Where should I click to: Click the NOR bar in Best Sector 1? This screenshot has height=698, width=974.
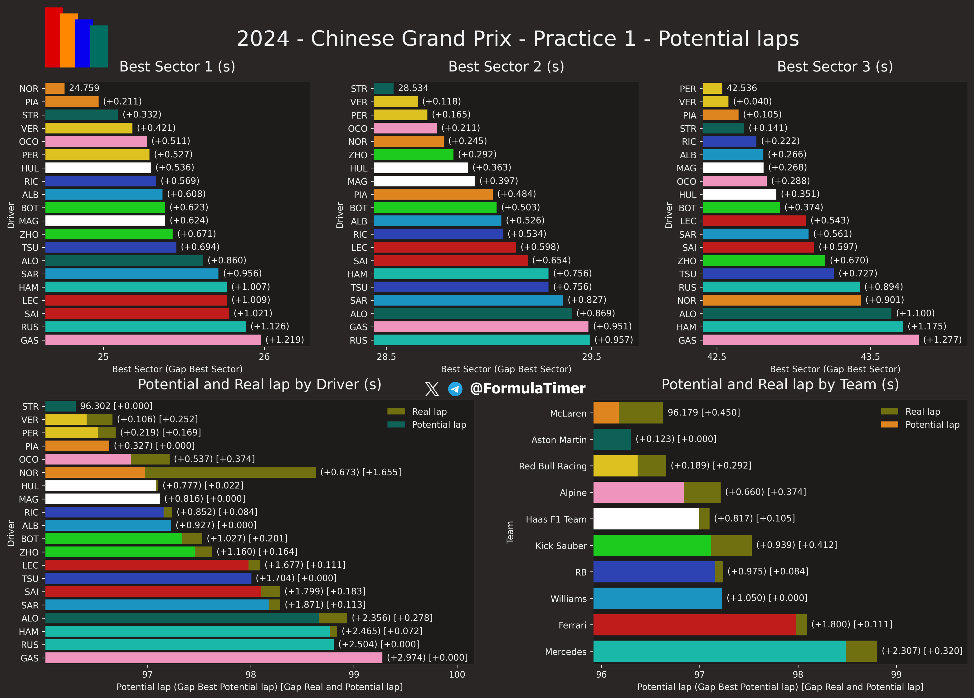55,88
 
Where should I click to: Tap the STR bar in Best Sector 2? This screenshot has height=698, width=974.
384,88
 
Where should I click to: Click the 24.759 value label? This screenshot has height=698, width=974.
84,88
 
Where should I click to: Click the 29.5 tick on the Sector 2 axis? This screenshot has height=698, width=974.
591,357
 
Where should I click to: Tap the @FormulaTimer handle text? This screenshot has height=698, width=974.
527,388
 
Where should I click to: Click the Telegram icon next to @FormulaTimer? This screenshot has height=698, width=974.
455,389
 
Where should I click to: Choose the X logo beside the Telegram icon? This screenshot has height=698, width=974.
432,389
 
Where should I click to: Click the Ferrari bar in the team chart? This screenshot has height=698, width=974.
694,625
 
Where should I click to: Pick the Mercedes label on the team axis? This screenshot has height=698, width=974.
565,652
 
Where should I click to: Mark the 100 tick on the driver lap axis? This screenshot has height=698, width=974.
457,674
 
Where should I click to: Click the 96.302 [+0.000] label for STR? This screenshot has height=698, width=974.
116,406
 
